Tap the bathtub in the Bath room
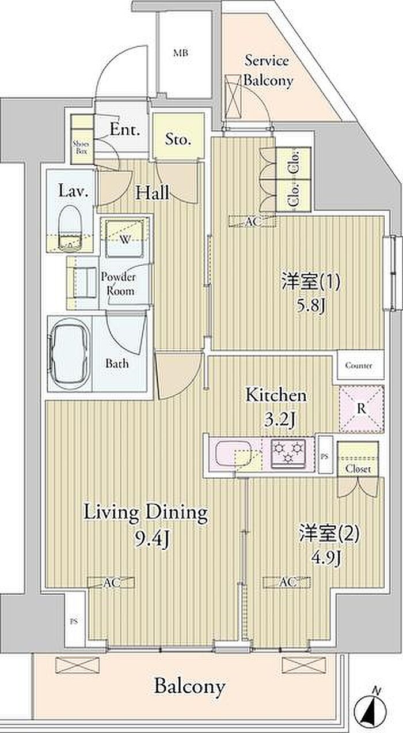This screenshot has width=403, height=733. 70,353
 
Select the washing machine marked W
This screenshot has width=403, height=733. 124,239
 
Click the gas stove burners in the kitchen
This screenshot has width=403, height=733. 288,452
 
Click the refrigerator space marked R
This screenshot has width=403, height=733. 361,409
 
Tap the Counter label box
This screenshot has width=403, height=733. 359,365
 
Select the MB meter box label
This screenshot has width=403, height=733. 181,52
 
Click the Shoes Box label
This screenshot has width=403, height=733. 81,148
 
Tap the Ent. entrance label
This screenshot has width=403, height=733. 124,130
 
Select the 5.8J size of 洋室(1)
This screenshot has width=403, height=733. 311,307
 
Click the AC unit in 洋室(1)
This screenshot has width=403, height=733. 254,222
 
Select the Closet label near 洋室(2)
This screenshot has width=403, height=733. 358,469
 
